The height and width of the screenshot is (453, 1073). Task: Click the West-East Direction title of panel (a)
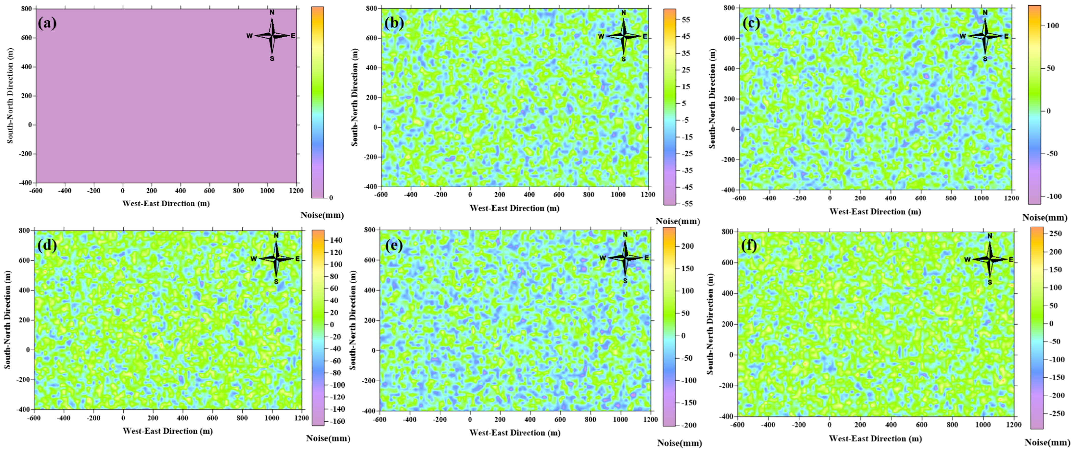click(166, 203)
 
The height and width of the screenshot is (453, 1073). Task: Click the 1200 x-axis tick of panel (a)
click(296, 191)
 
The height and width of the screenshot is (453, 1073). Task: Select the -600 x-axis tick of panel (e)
click(380, 419)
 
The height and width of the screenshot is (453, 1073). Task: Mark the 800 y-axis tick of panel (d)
click(25, 231)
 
